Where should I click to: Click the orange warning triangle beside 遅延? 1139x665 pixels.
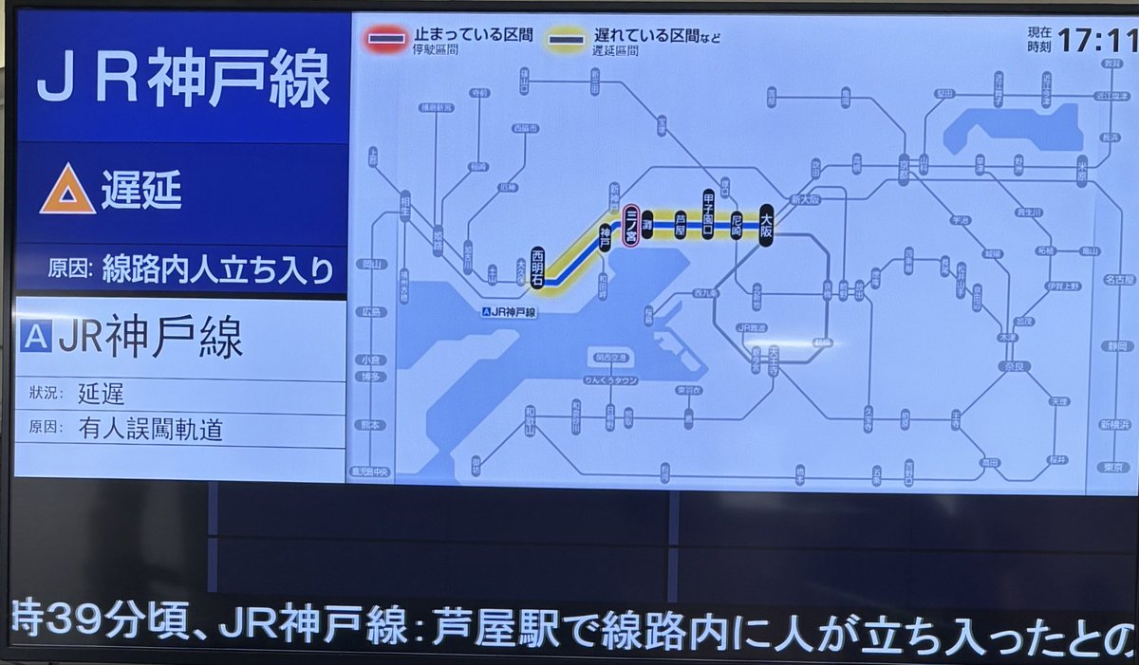pos(66,189)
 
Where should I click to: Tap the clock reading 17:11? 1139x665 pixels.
pos(1097,41)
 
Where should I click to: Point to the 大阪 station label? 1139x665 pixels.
pos(767,225)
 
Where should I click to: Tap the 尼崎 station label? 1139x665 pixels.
pos(737,225)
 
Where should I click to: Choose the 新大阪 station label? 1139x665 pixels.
pos(780,200)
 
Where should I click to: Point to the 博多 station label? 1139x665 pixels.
pos(370,377)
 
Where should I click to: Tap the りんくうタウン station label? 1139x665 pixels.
pos(610,380)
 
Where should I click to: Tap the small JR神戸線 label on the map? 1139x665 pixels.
pos(509,312)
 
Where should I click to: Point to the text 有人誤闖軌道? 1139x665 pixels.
pos(152,429)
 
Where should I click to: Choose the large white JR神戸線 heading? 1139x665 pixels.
pos(183,78)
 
